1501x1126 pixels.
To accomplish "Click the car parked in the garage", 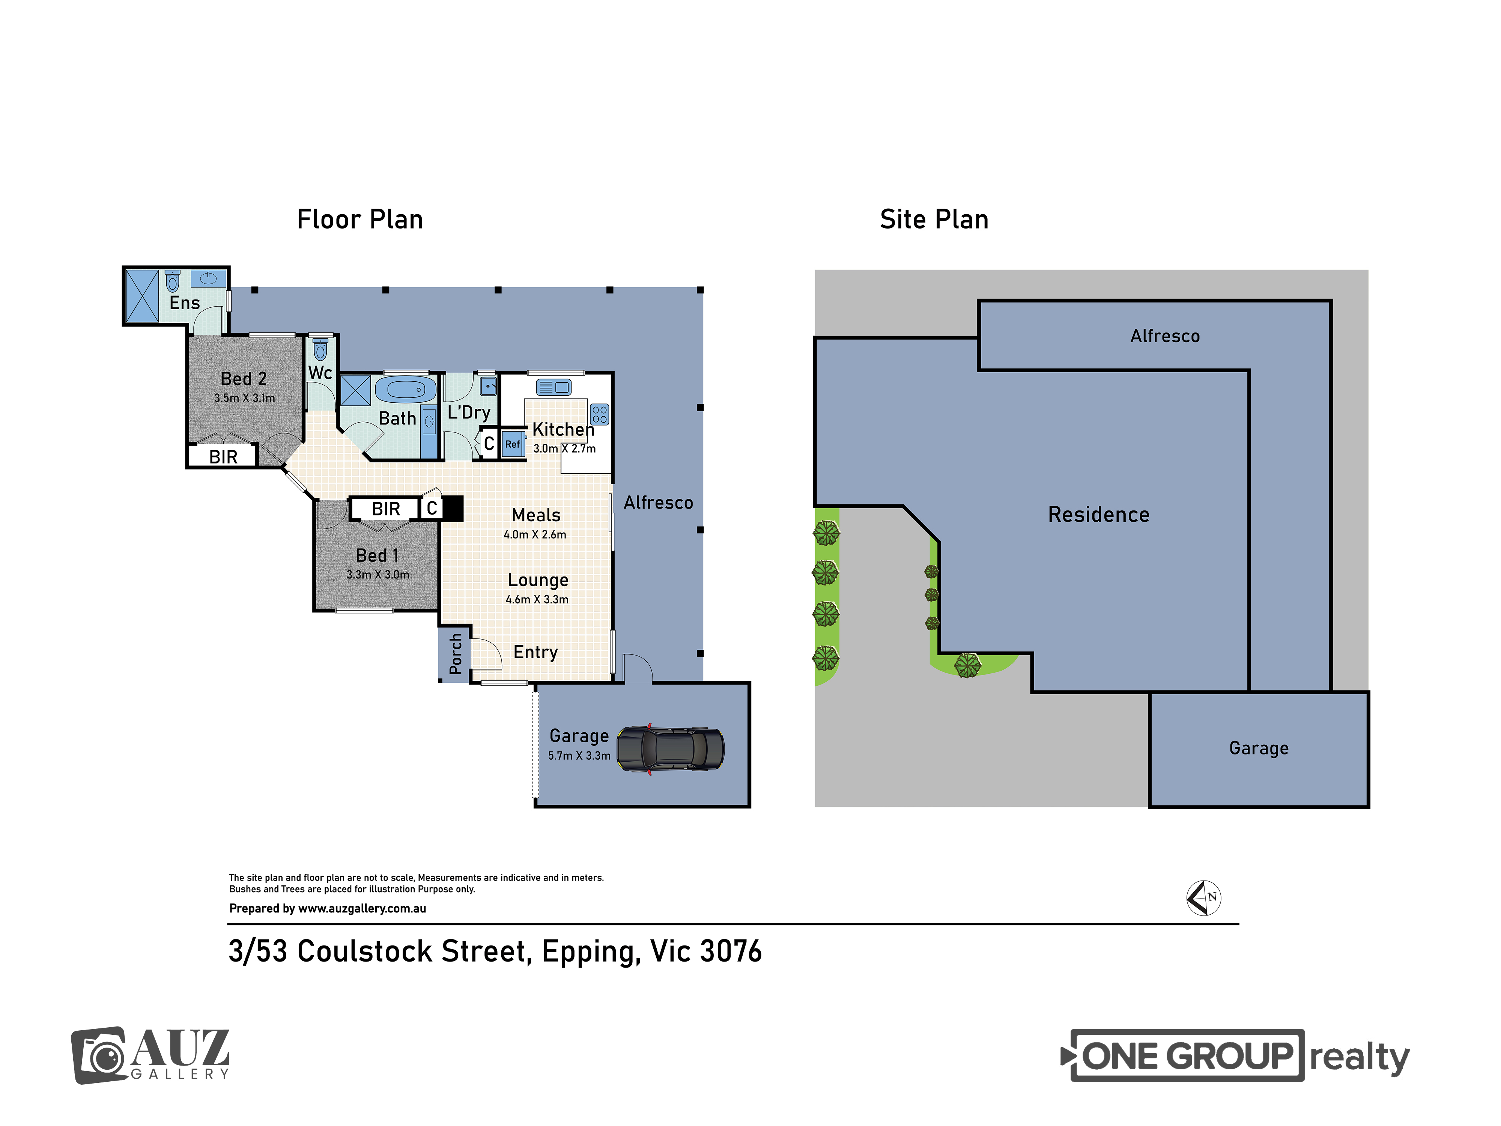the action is coord(670,749).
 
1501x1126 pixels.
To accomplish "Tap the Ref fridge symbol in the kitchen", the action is coord(513,444).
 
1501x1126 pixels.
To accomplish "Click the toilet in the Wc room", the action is coord(320,349).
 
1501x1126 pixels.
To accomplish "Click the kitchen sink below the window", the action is coord(554,388).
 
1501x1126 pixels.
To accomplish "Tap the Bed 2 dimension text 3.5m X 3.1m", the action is coord(244,398).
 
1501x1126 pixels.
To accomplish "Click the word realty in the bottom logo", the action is coord(1359,1057).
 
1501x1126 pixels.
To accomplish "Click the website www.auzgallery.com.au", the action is coord(362,909).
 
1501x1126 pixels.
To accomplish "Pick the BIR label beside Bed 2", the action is coord(223,457).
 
